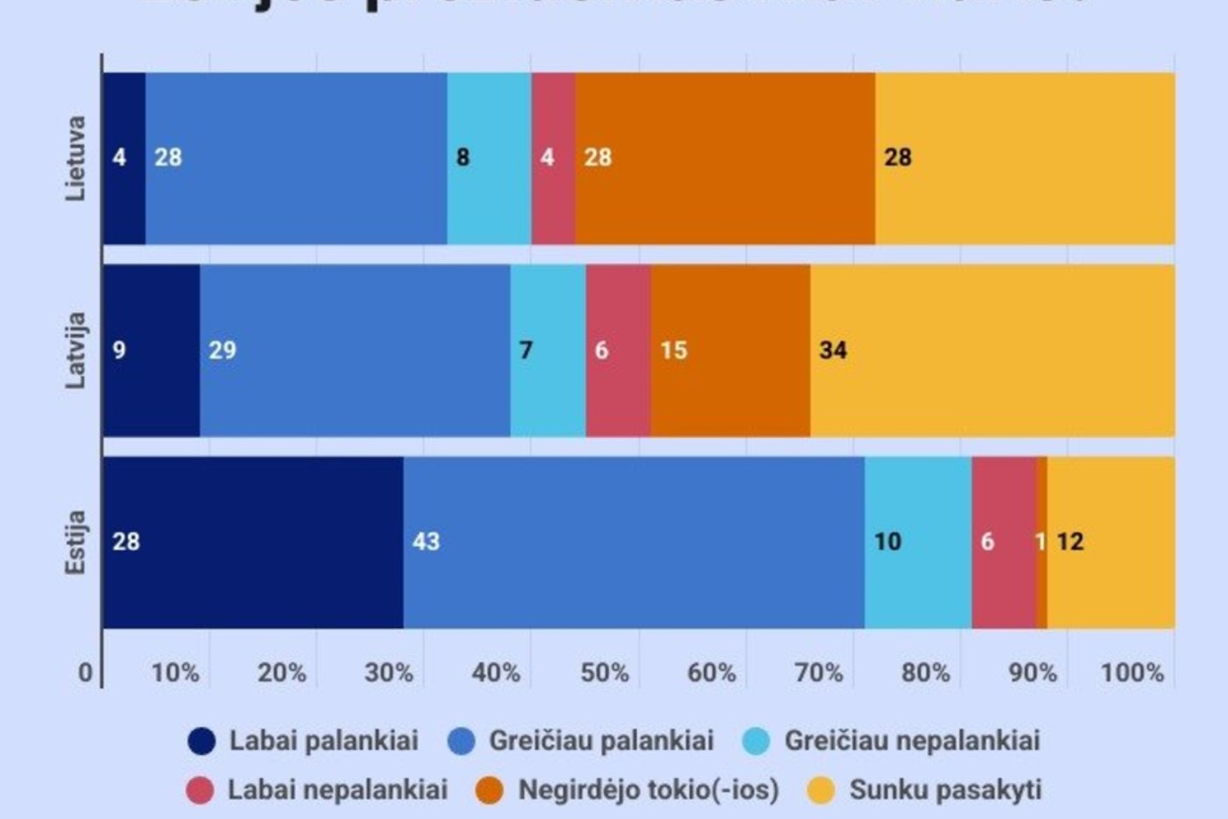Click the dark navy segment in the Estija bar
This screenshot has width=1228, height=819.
(253, 543)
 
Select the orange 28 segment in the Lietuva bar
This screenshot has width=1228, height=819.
(725, 159)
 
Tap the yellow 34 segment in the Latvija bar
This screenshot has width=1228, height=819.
(992, 351)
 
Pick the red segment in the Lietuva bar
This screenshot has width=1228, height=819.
(553, 159)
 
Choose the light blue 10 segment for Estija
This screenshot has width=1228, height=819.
(918, 543)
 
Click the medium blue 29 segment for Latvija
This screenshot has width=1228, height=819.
(355, 351)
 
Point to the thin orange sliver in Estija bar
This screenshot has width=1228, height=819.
(1041, 543)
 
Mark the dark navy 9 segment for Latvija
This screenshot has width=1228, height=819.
(152, 351)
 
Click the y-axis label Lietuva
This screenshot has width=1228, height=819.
(76, 159)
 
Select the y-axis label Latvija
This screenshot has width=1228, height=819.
(76, 351)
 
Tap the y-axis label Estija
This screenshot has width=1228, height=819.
(76, 543)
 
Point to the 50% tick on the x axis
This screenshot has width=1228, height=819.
(605, 673)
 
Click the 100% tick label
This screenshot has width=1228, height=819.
(1132, 673)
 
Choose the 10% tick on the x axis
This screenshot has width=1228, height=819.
(175, 673)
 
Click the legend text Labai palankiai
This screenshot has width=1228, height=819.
(323, 741)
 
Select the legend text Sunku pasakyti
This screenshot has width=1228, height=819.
(945, 790)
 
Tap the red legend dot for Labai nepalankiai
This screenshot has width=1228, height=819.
(200, 790)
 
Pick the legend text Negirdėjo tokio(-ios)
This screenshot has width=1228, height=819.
(648, 790)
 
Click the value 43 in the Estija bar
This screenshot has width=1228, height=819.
(426, 542)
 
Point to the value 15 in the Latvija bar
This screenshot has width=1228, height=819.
(673, 351)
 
